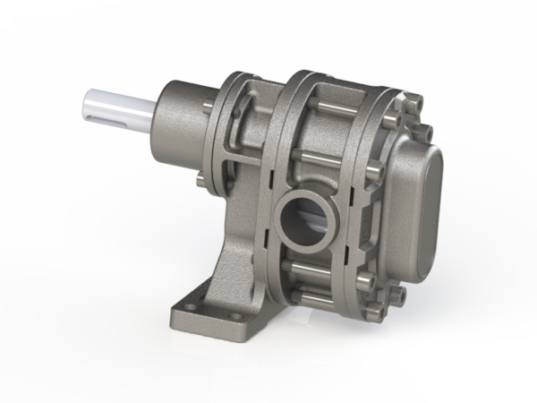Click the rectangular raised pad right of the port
coord(358,219)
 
